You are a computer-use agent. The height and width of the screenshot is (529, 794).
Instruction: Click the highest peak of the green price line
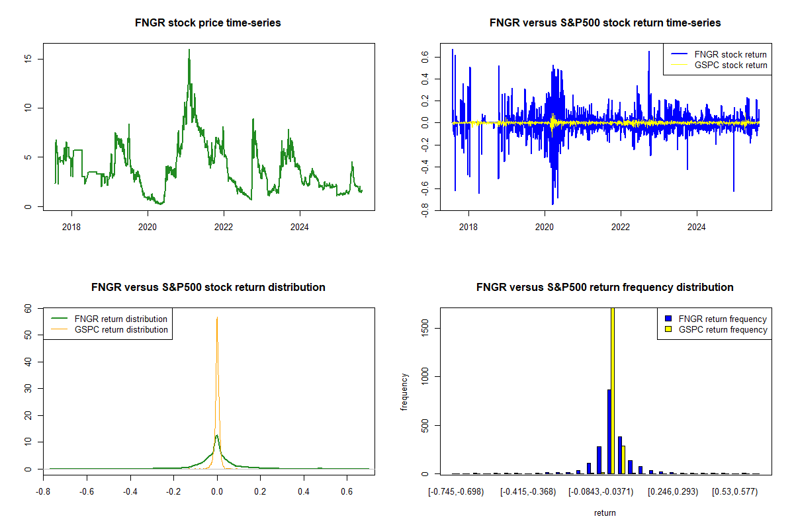pyautogui.click(x=189, y=50)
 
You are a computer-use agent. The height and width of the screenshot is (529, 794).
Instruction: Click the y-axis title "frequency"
pyautogui.click(x=405, y=391)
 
